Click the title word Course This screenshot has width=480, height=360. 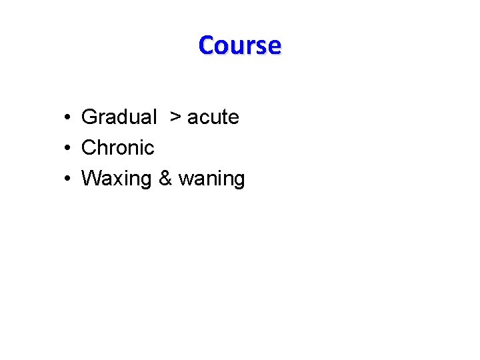click(x=240, y=45)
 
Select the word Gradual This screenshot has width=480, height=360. click(x=119, y=117)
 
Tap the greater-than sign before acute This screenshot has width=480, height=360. click(x=175, y=117)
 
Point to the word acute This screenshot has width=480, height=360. click(x=213, y=117)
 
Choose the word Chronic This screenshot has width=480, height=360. click(x=117, y=147)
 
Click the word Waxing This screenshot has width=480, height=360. click(x=117, y=179)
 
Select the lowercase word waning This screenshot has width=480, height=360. click(x=211, y=179)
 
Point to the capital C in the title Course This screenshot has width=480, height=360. click(x=207, y=45)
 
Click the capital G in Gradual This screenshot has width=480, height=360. click(x=89, y=117)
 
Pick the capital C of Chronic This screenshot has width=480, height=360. click(x=89, y=147)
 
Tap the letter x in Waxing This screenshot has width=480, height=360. click(x=114, y=179)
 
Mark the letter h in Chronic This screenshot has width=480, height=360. click(x=102, y=147)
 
